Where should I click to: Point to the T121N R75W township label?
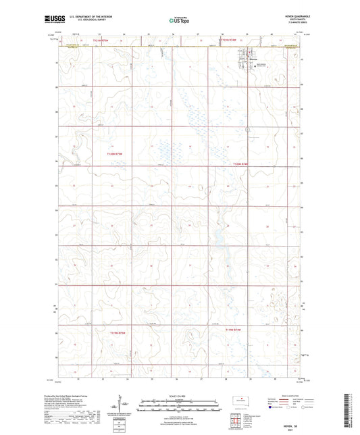(100, 41)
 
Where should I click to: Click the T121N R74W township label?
(231, 41)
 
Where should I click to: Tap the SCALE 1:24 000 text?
(179, 396)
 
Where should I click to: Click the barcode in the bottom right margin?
(351, 413)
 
